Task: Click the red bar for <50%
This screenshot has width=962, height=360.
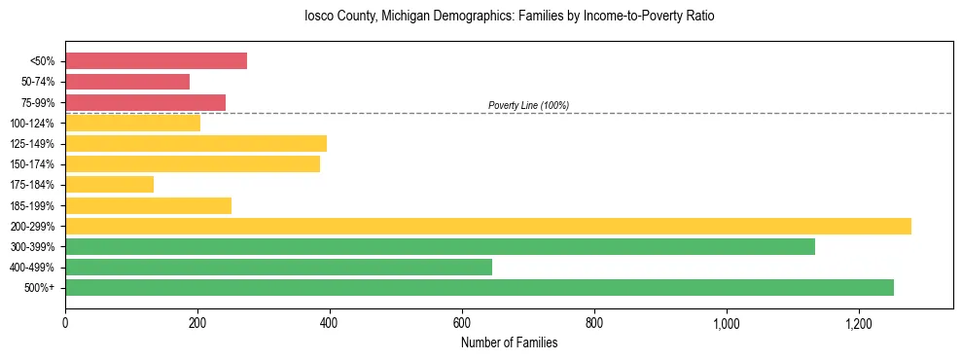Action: coord(156,61)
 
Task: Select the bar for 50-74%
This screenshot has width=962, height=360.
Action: coord(127,82)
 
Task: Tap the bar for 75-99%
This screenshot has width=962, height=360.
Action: coord(145,102)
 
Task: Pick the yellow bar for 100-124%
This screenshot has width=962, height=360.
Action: coord(132,123)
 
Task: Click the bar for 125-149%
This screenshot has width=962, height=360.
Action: coord(196,143)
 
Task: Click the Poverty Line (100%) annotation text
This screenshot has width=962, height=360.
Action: coord(528,105)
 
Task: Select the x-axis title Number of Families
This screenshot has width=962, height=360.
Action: coord(509,342)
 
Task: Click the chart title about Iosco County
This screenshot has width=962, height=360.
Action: coord(509,17)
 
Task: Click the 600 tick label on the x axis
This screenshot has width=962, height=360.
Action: coord(462,322)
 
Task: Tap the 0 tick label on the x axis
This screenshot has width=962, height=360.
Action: coord(65,322)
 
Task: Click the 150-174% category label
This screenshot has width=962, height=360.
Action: coord(32,164)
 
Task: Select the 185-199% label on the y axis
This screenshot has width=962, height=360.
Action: coord(32,205)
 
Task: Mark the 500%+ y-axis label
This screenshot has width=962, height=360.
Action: coord(39,288)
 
